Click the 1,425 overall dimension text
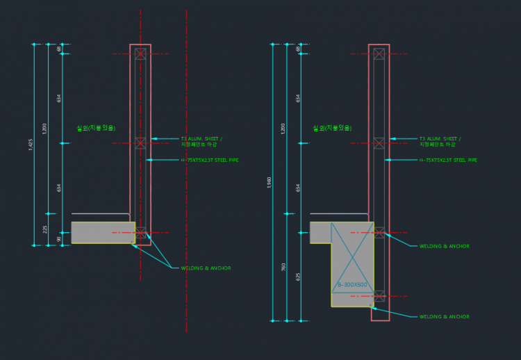[x=31, y=145]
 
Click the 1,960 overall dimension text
[x=270, y=182]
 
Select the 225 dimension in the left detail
[x=45, y=229]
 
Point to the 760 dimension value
[x=283, y=267]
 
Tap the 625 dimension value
[x=298, y=276]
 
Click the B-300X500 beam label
[x=352, y=285]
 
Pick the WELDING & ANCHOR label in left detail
[x=206, y=268]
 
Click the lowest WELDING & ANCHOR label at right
[x=444, y=317]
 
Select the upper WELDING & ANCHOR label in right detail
[x=444, y=246]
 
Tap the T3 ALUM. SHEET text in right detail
[x=440, y=139]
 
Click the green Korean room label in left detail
[x=96, y=128]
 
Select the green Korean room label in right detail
[x=332, y=128]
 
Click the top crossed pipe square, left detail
[x=140, y=54]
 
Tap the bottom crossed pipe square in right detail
[x=379, y=296]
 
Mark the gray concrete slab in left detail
[x=102, y=233]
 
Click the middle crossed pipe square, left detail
[x=140, y=142]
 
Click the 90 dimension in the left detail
[x=59, y=239]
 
